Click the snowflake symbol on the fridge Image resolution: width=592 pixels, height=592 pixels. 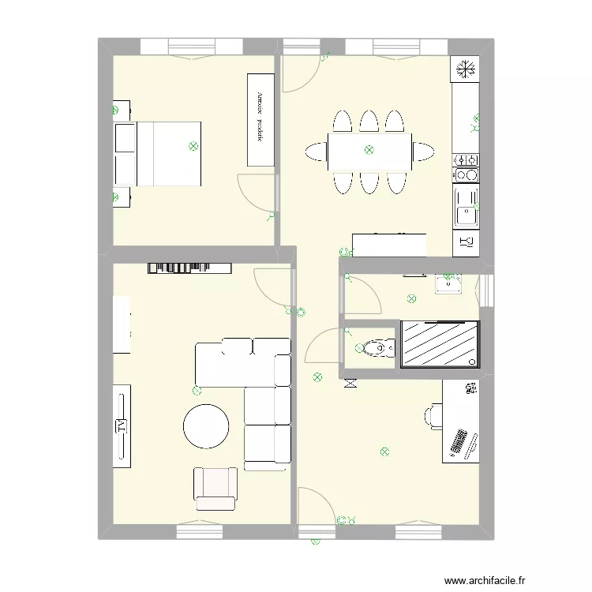point(465,69)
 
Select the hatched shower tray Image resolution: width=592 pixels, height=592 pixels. point(440,343)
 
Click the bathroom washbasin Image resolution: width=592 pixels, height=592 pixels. point(448,284)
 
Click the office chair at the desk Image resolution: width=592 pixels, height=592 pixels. point(433,415)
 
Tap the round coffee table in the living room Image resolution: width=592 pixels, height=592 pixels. point(207,426)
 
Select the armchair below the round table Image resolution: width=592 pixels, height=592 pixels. point(215,488)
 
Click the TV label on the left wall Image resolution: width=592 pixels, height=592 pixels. point(122,425)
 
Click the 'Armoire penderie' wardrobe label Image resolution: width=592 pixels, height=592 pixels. point(260,118)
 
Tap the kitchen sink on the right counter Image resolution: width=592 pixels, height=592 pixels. point(465,206)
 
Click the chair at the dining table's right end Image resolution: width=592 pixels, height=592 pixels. point(423,152)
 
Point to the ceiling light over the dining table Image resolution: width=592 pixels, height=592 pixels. point(369,150)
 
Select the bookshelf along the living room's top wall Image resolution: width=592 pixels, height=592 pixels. point(189,268)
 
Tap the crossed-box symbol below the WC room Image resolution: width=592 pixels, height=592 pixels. point(350,384)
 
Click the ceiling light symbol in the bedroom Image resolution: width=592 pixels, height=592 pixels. point(193,146)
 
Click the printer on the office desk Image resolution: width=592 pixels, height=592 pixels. point(470,389)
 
